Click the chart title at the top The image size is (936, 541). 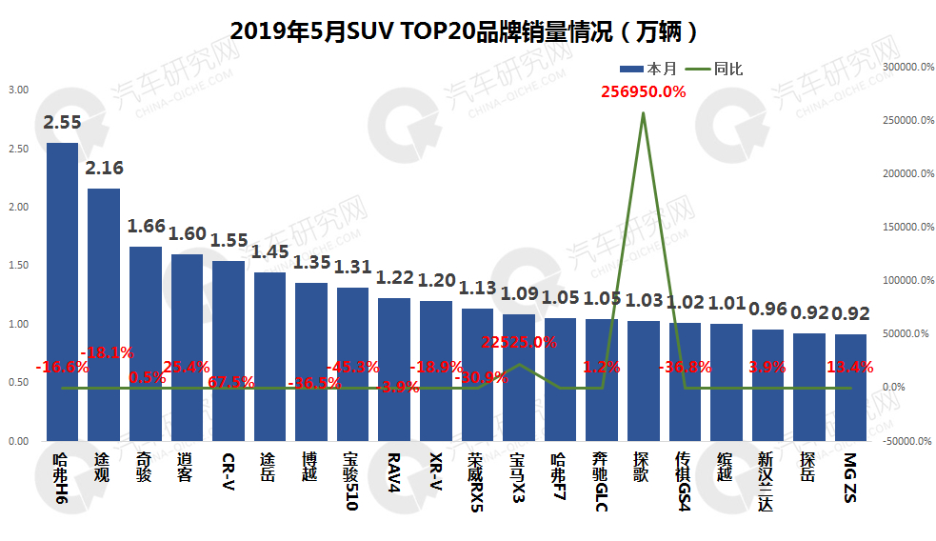(x=467, y=31)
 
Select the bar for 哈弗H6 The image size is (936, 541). (x=63, y=286)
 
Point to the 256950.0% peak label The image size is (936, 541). (x=643, y=91)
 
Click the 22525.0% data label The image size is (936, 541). (x=519, y=342)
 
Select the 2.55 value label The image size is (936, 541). (x=63, y=122)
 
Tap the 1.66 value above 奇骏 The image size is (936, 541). (x=147, y=227)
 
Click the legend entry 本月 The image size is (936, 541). (x=649, y=69)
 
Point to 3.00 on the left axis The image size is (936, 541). (x=18, y=90)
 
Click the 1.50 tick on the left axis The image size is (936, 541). (x=18, y=266)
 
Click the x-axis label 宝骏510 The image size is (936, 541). (x=351, y=482)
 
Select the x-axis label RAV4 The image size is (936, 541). (x=393, y=471)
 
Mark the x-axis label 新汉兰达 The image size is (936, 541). (x=767, y=482)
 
